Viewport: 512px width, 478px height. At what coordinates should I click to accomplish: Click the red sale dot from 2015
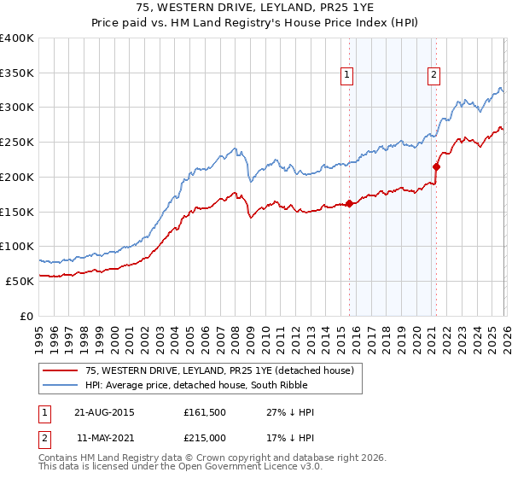(x=349, y=203)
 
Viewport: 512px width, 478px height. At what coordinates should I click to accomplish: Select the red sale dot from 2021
(x=435, y=166)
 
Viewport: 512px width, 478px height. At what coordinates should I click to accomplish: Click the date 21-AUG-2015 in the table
(x=104, y=412)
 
